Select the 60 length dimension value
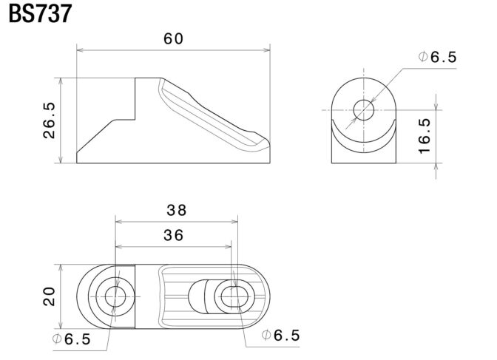(x=173, y=39)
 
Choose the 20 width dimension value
(x=49, y=296)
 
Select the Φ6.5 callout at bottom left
(x=72, y=339)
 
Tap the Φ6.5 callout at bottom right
(x=283, y=335)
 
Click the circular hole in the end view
(x=365, y=110)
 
